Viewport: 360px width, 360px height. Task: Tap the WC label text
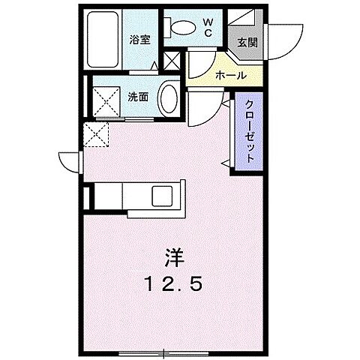tap(208, 26)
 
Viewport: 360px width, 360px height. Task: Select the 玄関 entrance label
tap(247, 43)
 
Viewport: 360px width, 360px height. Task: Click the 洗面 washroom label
tap(137, 97)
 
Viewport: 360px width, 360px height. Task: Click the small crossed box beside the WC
tap(171, 61)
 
